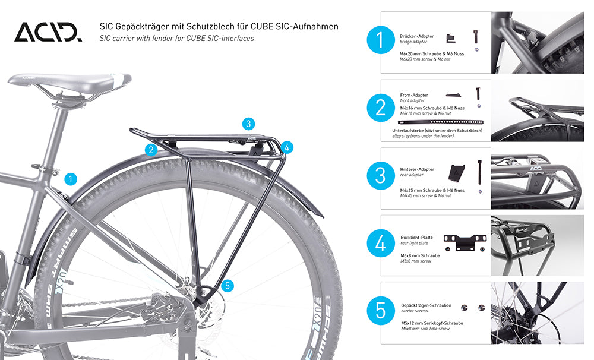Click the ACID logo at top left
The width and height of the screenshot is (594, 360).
48,32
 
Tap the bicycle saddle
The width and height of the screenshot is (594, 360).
69,83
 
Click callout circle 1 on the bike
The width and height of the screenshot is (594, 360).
71,179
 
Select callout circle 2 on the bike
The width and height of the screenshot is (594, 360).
151,150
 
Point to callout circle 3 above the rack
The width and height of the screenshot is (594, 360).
248,124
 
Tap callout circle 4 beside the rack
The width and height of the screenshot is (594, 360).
287,147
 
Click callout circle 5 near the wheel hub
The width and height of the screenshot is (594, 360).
228,285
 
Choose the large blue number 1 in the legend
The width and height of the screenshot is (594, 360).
381,40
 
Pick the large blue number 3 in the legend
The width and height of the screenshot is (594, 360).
381,175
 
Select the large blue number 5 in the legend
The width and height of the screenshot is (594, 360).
381,311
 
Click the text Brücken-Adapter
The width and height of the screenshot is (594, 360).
417,36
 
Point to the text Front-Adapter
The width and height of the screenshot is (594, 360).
414,95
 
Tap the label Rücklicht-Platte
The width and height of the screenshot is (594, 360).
417,238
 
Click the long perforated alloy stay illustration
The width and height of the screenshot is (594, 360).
441,122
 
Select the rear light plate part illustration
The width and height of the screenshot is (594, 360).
465,242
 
